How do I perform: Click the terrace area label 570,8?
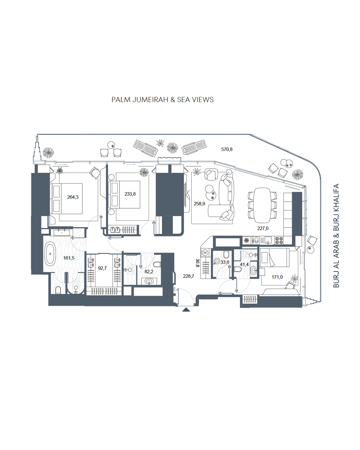[x=227, y=149]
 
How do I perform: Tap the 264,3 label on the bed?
[x=73, y=197]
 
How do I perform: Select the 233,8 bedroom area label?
[x=130, y=194]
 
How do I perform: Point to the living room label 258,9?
[x=199, y=203]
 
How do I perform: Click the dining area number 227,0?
[x=262, y=228]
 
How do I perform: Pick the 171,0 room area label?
[x=277, y=277]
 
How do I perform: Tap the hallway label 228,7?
[x=188, y=276]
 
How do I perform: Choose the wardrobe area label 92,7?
[x=102, y=268]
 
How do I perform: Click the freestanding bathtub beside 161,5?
[x=50, y=254]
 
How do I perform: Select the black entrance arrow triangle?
[x=186, y=310]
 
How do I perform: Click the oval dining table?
[x=262, y=205]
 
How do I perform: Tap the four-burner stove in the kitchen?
[x=279, y=240]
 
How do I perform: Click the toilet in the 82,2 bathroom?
[x=157, y=265]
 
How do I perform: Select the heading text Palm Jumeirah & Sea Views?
[x=163, y=100]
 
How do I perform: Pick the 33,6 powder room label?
[x=225, y=262]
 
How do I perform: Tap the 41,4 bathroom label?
[x=244, y=265]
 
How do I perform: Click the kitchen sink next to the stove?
[x=268, y=240]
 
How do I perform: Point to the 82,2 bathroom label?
[x=149, y=271]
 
